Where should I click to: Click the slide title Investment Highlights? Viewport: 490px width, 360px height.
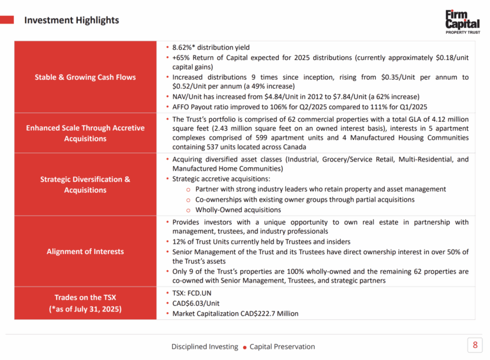tap(71, 20)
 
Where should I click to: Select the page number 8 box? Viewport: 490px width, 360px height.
tap(474, 346)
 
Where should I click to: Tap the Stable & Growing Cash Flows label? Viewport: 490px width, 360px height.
tap(85, 77)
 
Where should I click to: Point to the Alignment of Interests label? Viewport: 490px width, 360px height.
tap(85, 251)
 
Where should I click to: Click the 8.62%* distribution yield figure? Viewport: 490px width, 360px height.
tap(184, 47)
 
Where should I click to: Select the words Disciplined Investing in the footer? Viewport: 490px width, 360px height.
tap(204, 347)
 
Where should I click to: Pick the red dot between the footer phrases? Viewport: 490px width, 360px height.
tap(244, 347)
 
